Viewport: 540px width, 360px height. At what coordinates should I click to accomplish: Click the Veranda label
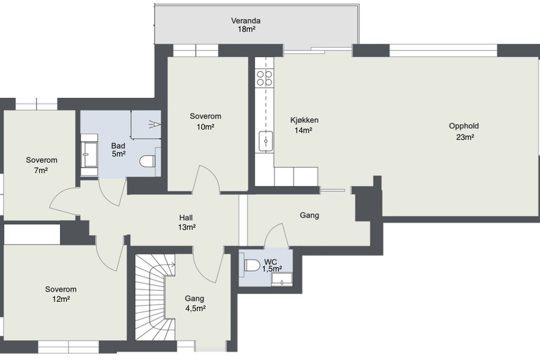coord(245,20)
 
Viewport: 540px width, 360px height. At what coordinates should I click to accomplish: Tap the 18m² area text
coord(246,29)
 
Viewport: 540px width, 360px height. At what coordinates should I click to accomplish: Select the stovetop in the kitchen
coord(264,78)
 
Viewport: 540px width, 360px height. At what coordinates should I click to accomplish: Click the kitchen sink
coord(266,141)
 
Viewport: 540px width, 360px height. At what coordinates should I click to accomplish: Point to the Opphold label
coord(464,126)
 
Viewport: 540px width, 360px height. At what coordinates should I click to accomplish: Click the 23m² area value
coord(465,137)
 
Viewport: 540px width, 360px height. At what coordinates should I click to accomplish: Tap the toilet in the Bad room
coord(148,161)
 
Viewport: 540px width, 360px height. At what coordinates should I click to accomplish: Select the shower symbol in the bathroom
coord(155,124)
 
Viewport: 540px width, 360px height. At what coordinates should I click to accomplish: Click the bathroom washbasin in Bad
coord(89,155)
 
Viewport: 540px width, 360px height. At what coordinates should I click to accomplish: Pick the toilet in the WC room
coord(252,265)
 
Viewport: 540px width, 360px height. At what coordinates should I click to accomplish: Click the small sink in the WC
coord(282,280)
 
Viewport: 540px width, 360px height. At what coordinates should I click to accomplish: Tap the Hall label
coord(186,218)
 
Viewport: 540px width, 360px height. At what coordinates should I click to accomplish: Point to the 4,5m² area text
coord(196,308)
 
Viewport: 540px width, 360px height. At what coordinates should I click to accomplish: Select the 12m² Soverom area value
coord(61,299)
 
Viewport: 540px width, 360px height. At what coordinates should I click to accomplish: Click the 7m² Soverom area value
coord(41,170)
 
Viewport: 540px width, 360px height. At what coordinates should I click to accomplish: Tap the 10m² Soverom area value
coord(206,127)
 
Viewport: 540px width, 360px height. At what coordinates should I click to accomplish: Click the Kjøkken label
coord(304,120)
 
